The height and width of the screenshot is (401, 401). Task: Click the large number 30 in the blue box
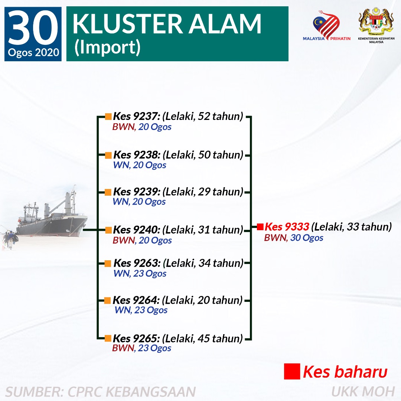(33, 27)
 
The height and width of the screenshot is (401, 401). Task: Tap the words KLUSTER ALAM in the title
(167, 24)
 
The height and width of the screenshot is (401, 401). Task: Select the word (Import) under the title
(107, 47)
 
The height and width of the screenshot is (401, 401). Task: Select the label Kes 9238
(137, 155)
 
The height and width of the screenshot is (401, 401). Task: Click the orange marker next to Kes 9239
(108, 192)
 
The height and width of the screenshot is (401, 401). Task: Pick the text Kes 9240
(137, 230)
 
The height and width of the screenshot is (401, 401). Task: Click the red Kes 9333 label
(287, 226)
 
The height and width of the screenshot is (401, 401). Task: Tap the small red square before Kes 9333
(260, 226)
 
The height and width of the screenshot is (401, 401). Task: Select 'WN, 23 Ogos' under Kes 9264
(141, 310)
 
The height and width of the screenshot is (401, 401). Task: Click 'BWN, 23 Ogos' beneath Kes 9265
(142, 348)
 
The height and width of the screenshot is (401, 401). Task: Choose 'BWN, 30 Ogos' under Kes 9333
(294, 238)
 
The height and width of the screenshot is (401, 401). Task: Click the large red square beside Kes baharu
(292, 371)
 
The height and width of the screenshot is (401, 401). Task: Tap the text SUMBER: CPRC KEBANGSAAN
(101, 392)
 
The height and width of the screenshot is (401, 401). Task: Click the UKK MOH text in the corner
(363, 392)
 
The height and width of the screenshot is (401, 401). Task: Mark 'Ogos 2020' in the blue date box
(33, 52)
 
